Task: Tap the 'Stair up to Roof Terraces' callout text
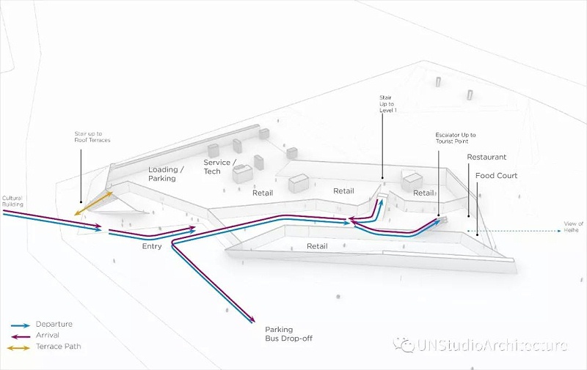tap(92, 137)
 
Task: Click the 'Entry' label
tap(152, 246)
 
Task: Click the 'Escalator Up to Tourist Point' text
tap(456, 140)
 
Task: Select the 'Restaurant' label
tap(486, 158)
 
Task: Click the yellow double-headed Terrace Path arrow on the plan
tap(93, 204)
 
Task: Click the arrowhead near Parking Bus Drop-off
tap(252, 319)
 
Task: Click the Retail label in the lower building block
tap(317, 247)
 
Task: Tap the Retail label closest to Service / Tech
tap(263, 194)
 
